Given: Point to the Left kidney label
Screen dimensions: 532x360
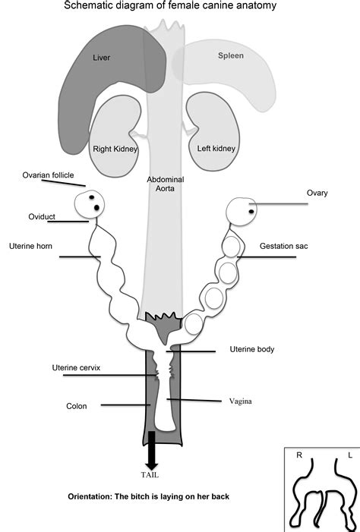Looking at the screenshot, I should pyautogui.click(x=213, y=150).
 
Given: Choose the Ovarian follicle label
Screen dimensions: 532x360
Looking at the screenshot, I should pyautogui.click(x=48, y=175).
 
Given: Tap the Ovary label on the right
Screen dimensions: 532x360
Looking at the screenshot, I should pyautogui.click(x=317, y=193).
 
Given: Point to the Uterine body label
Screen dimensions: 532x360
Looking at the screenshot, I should pyautogui.click(x=251, y=349).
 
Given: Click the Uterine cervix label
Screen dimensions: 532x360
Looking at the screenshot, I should pyautogui.click(x=76, y=367).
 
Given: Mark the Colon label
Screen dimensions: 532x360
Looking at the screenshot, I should pyautogui.click(x=77, y=406).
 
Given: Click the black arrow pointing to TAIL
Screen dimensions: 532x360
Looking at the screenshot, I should pyautogui.click(x=151, y=449).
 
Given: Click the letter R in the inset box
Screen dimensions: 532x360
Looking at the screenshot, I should pyautogui.click(x=298, y=456).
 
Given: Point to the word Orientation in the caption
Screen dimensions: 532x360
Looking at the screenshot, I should pyautogui.click(x=93, y=497).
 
